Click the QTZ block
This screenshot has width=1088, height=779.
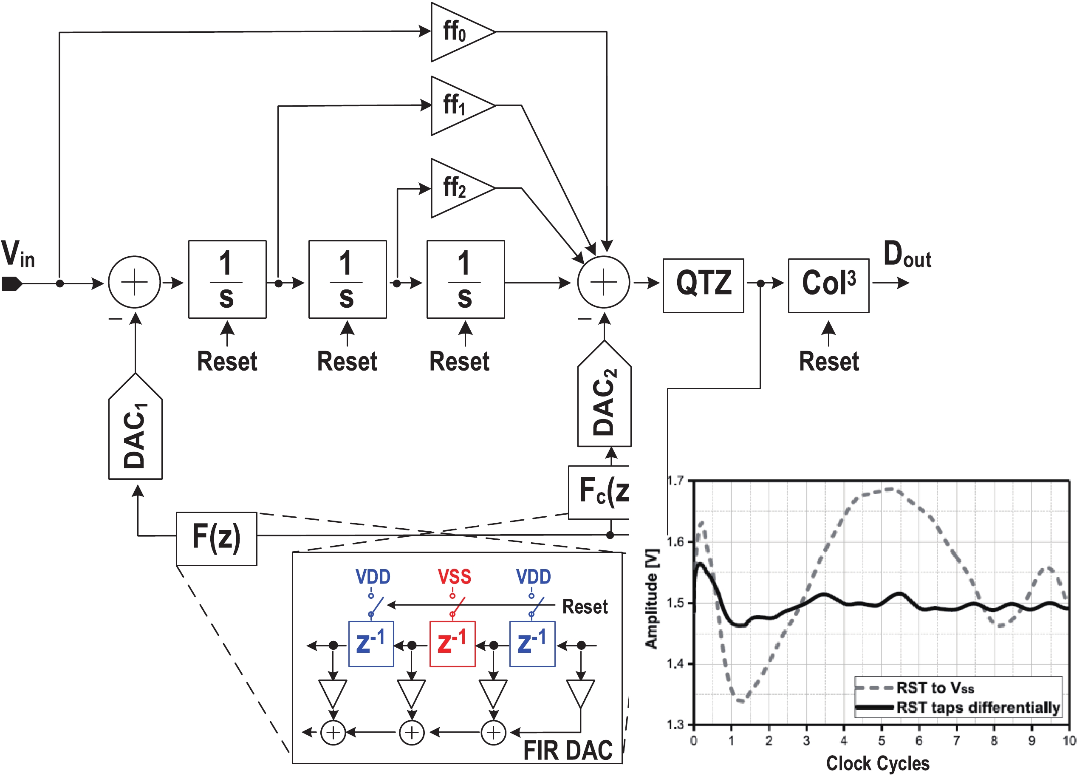point(703,286)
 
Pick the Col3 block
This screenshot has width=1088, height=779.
point(828,286)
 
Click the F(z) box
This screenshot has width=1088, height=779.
point(216,538)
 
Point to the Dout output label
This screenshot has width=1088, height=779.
point(906,255)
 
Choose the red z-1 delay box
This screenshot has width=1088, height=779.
point(452,644)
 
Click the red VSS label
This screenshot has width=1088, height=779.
point(454,577)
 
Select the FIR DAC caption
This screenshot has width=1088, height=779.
point(567,750)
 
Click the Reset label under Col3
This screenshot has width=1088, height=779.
point(828,361)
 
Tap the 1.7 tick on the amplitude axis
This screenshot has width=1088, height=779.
point(675,481)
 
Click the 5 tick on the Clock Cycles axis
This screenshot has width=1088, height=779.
point(882,741)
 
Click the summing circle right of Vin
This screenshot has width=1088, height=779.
point(134,282)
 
